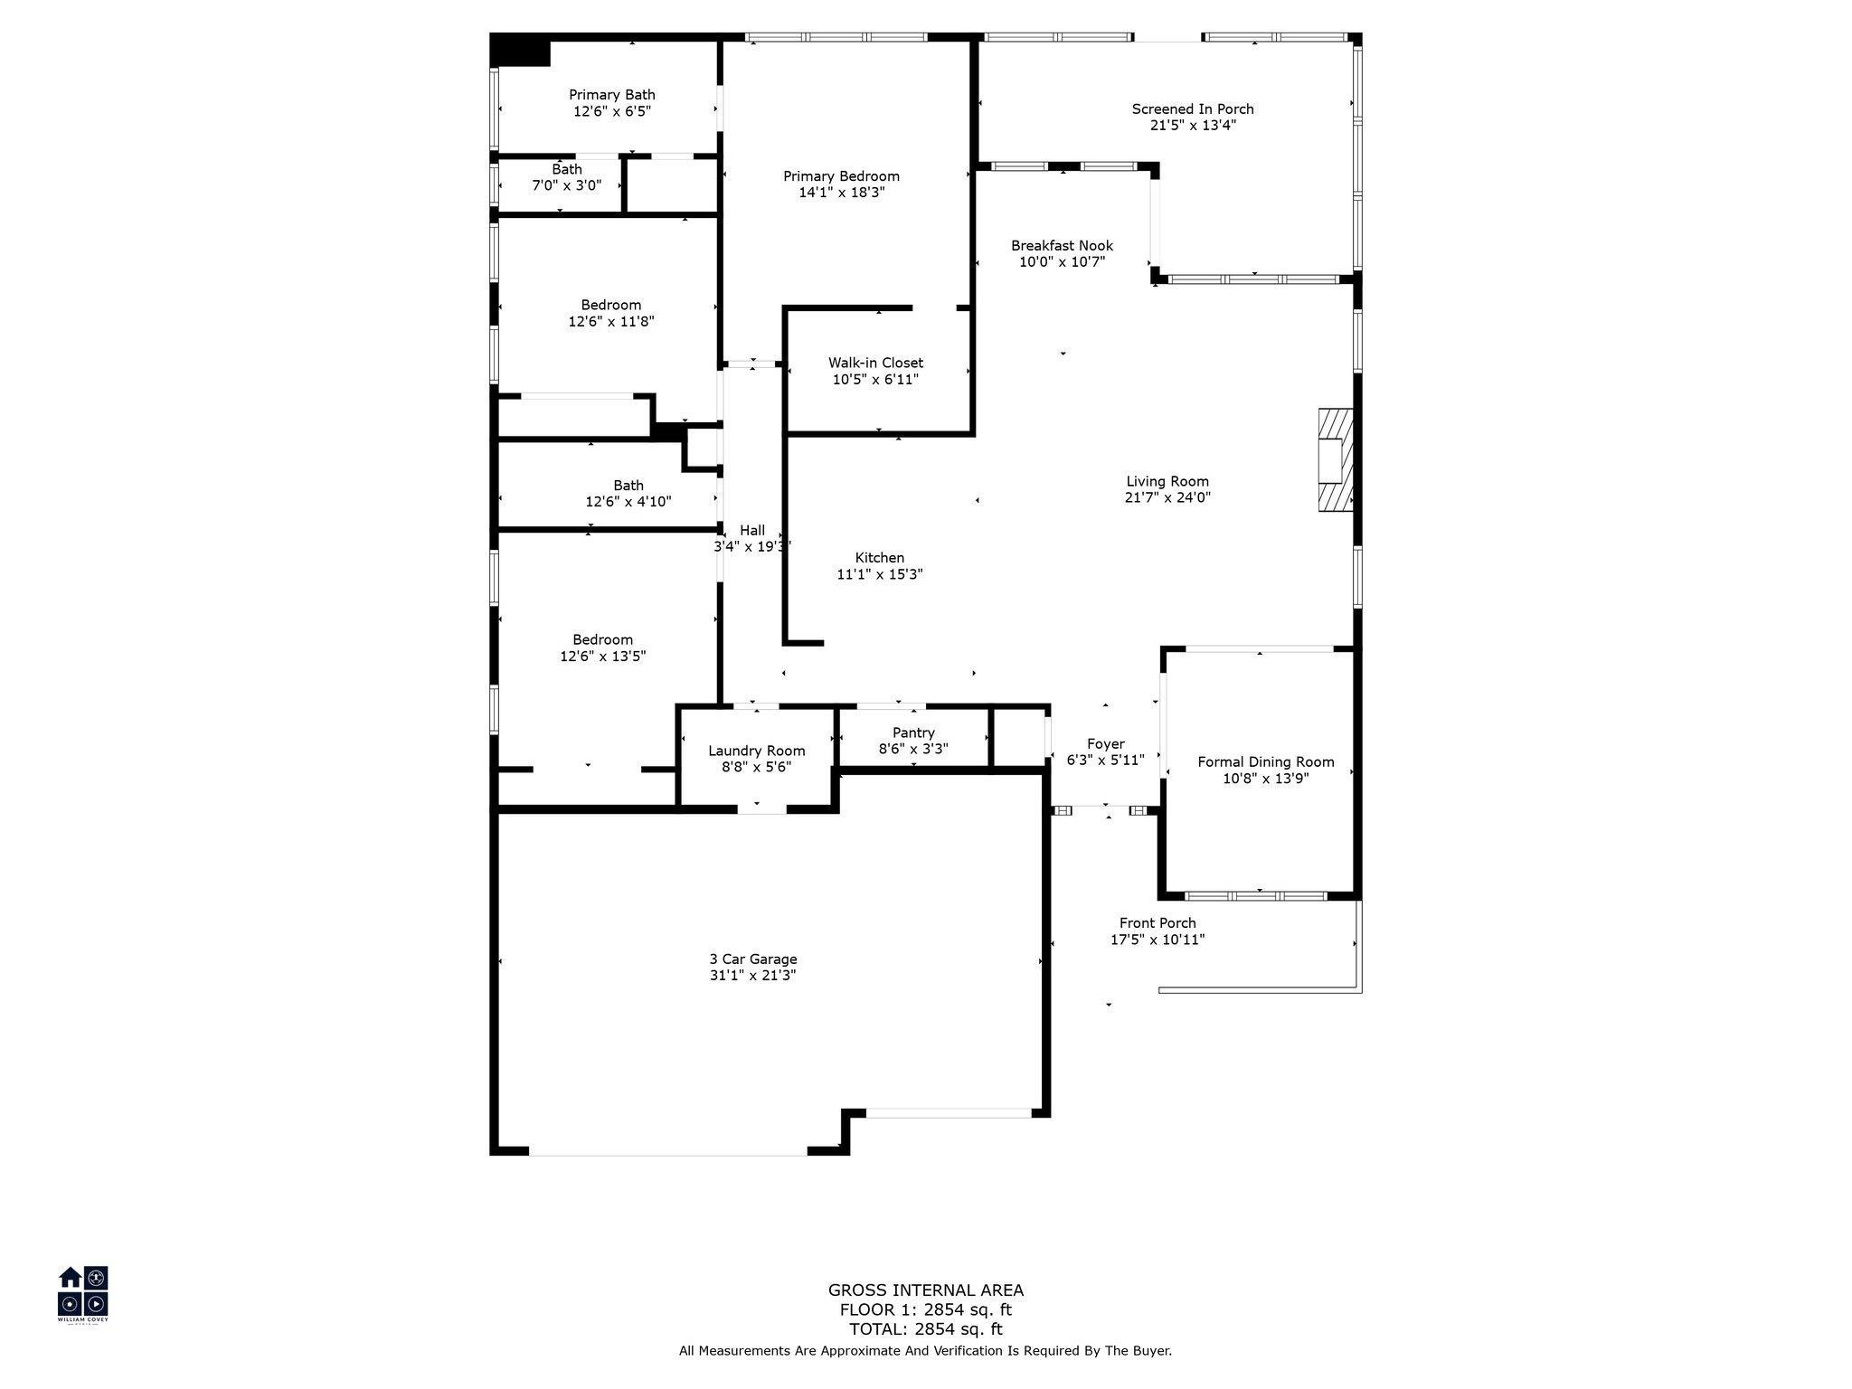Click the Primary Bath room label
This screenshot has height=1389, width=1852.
pyautogui.click(x=612, y=95)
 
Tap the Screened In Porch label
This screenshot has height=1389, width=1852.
pyautogui.click(x=1193, y=109)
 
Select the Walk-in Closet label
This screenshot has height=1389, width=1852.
pyautogui.click(x=875, y=363)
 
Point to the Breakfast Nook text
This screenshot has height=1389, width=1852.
pyautogui.click(x=1062, y=246)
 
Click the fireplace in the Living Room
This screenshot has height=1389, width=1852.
pyautogui.click(x=1335, y=460)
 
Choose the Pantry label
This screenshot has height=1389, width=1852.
pyautogui.click(x=913, y=732)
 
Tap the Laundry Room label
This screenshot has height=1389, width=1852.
pyautogui.click(x=756, y=751)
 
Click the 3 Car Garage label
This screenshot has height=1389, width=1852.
pyautogui.click(x=753, y=959)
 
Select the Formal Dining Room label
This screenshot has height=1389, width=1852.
pyautogui.click(x=1266, y=762)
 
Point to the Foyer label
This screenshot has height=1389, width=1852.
pyautogui.click(x=1105, y=744)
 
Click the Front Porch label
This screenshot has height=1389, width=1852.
pyautogui.click(x=1157, y=923)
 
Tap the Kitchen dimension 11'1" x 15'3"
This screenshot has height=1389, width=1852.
pyautogui.click(x=880, y=574)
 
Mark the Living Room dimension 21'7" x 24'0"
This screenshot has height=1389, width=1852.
pyautogui.click(x=1167, y=497)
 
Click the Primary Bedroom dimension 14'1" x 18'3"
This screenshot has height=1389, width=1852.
pyautogui.click(x=841, y=193)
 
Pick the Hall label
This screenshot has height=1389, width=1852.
pyautogui.click(x=752, y=531)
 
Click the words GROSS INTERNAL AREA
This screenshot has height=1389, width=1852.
pyautogui.click(x=926, y=1290)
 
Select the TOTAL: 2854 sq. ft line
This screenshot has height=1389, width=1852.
pyautogui.click(x=926, y=1329)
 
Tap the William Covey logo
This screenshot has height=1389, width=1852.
pyautogui.click(x=83, y=1294)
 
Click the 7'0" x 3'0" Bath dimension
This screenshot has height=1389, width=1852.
pyautogui.click(x=566, y=185)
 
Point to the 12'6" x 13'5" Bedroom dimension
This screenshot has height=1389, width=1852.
pyautogui.click(x=602, y=657)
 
